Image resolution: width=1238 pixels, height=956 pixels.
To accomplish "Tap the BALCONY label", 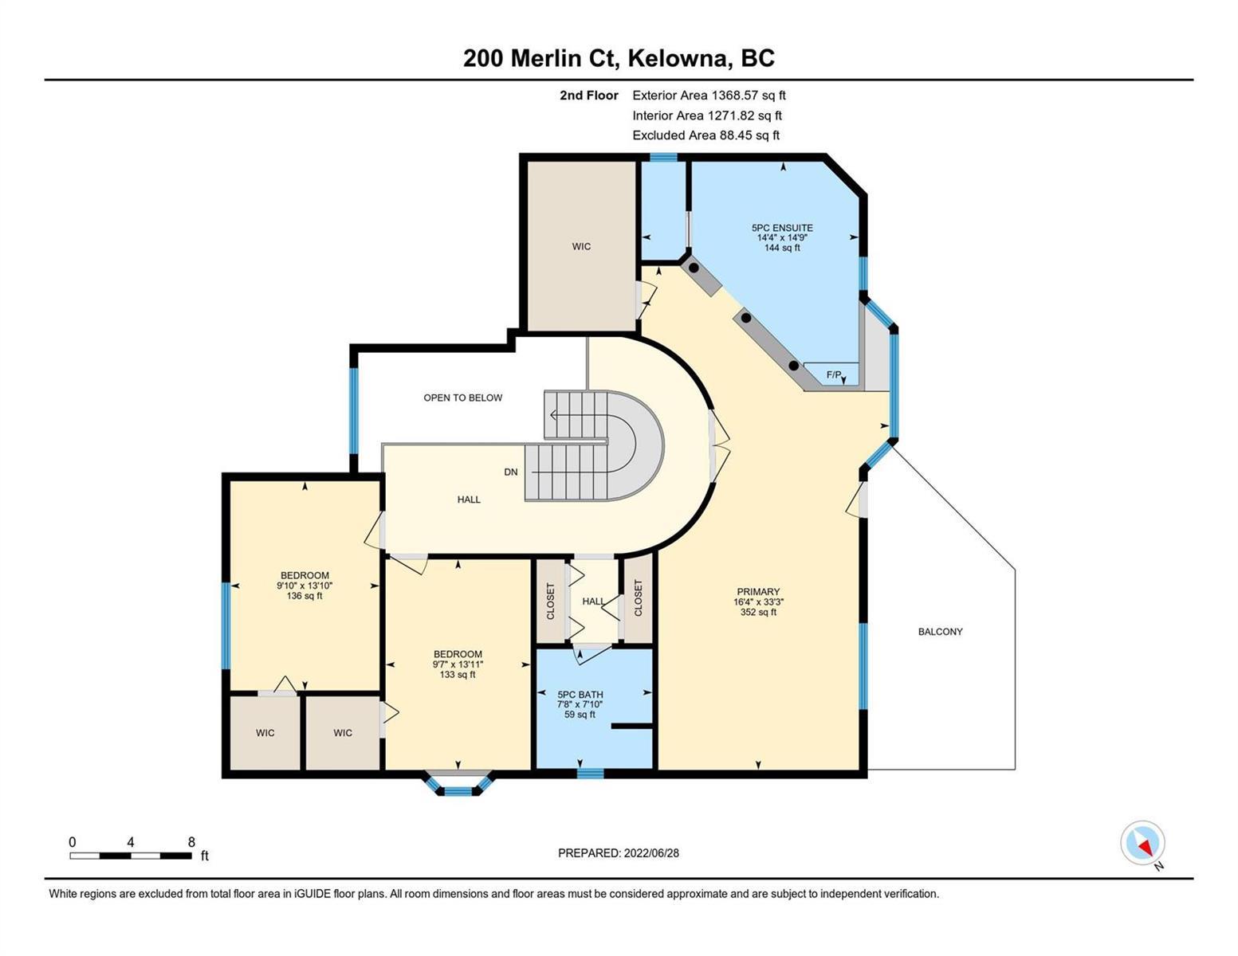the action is click(x=940, y=632).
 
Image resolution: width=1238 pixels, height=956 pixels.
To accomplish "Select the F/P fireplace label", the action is click(x=834, y=374).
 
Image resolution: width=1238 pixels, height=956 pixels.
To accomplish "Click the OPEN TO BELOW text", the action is click(x=462, y=398).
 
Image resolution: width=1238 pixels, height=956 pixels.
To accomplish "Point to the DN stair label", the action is click(x=510, y=472).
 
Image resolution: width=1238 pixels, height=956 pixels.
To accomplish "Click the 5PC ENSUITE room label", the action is click(x=782, y=228).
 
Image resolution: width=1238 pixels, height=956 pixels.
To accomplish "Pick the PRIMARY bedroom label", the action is click(x=758, y=592).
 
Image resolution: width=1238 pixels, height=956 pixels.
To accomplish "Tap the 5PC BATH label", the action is click(x=580, y=695).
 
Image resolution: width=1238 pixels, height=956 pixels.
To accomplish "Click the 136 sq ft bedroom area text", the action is click(x=305, y=596).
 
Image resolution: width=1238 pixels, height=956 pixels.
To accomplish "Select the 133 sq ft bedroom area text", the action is click(x=458, y=675).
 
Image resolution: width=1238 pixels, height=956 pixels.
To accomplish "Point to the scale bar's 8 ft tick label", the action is click(x=191, y=842).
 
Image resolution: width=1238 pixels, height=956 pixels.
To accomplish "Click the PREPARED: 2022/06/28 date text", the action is click(x=618, y=853).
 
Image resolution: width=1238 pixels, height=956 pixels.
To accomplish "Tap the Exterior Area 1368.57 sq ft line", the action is click(x=709, y=96).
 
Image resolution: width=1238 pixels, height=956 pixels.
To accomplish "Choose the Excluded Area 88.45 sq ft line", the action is click(x=705, y=135).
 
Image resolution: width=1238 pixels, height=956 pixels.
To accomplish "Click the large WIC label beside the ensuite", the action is click(x=581, y=246).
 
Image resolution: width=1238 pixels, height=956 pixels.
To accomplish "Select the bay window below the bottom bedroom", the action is click(x=458, y=783).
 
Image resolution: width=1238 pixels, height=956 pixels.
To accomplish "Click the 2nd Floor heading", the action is click(x=588, y=96).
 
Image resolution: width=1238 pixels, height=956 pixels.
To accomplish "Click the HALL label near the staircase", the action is click(x=469, y=500).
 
